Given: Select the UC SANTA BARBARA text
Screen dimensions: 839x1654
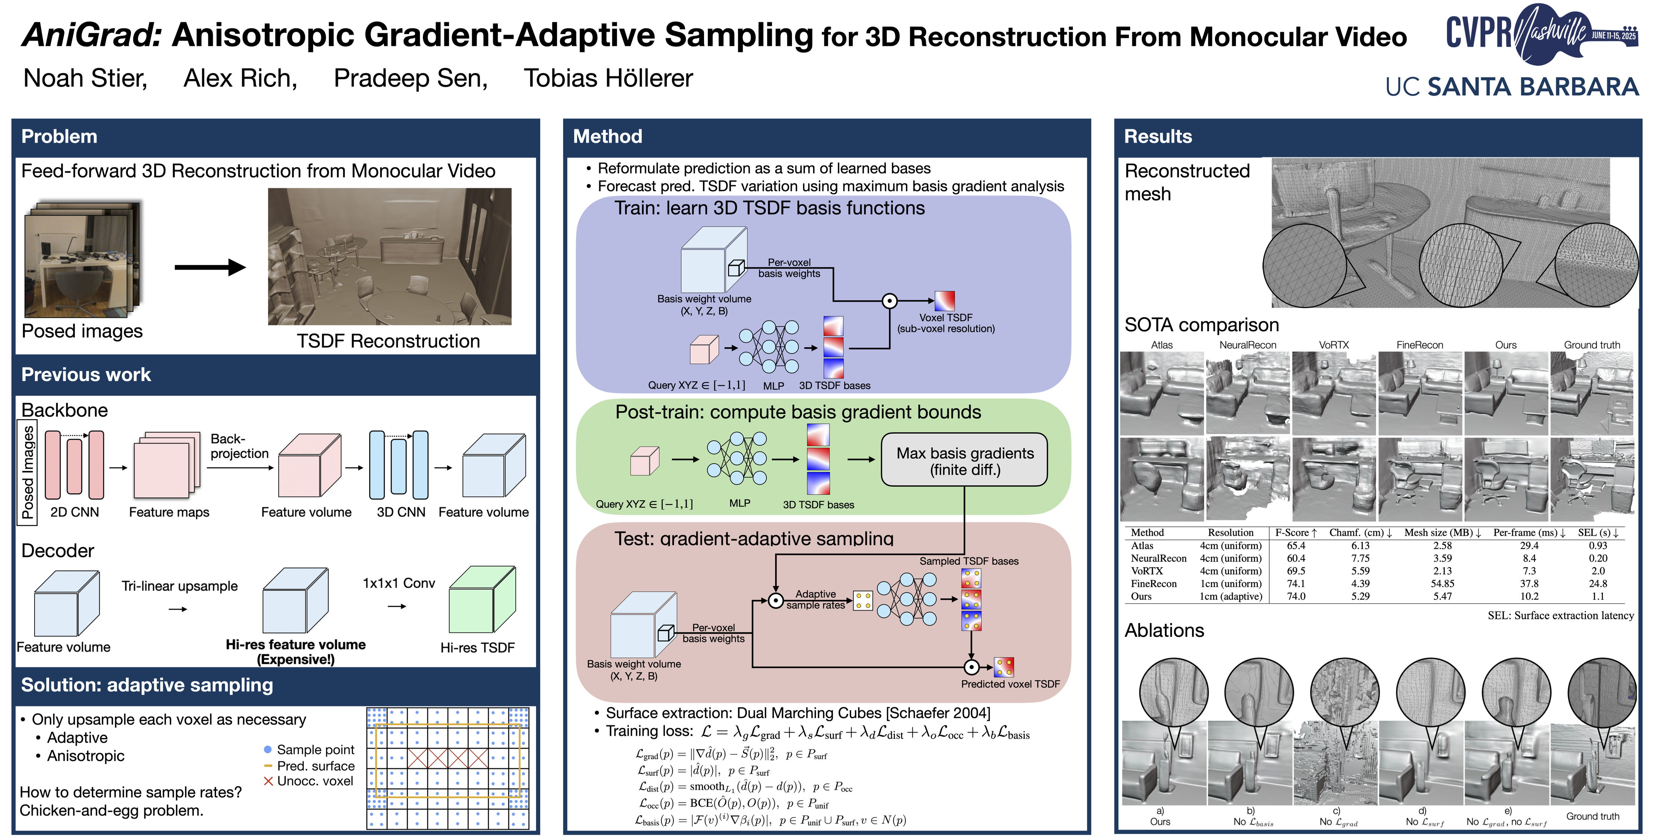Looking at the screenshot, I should (x=1512, y=87).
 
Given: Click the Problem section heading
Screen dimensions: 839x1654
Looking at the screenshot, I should (x=59, y=136).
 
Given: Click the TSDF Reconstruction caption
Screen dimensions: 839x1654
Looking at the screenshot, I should (x=388, y=341).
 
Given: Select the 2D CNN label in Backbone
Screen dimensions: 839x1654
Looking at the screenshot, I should (x=74, y=512).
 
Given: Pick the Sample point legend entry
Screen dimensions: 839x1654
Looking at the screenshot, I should (x=315, y=750).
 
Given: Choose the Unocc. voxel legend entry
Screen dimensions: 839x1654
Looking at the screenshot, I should (x=315, y=781).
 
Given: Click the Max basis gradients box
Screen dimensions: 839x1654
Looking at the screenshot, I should (x=965, y=461).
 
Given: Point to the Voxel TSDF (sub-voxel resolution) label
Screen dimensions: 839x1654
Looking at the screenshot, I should (x=946, y=323).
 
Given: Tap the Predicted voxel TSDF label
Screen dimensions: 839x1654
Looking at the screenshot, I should (x=1010, y=684).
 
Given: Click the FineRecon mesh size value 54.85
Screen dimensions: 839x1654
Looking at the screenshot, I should (x=1442, y=583).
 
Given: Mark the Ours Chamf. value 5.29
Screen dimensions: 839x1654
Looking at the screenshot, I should (x=1360, y=596).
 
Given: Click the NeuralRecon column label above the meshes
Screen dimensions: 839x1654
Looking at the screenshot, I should (x=1248, y=345).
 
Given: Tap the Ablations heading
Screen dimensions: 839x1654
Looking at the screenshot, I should (x=1164, y=630).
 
